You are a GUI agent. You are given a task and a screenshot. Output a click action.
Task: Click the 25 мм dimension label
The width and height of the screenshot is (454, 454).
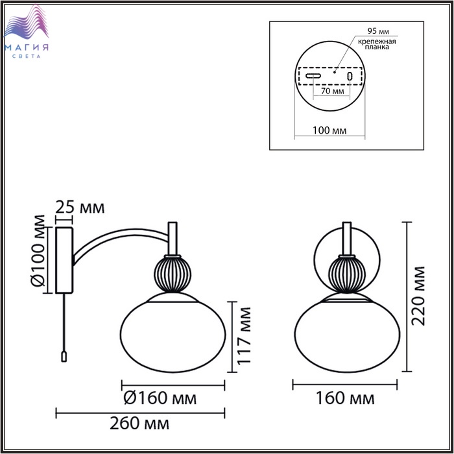click(x=80, y=208)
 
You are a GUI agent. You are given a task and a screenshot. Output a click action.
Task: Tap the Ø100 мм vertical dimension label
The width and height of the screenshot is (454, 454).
click(x=38, y=251)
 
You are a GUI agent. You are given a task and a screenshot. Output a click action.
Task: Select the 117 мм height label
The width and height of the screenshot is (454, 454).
click(x=243, y=335)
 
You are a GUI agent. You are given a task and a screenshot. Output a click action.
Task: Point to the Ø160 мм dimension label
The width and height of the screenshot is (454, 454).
click(x=160, y=398)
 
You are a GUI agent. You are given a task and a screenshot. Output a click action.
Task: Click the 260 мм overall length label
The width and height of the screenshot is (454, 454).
click(x=139, y=424)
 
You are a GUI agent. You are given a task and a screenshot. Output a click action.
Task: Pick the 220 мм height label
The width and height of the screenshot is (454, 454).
click(x=418, y=296)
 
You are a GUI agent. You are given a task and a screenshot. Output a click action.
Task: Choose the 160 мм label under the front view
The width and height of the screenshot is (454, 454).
click(x=345, y=398)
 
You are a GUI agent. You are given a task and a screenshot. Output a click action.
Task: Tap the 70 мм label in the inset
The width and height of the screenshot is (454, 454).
click(x=333, y=91)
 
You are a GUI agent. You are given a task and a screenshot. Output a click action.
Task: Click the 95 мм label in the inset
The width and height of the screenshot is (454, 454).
click(x=378, y=31)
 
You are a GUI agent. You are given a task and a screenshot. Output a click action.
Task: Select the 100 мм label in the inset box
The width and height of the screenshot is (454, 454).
click(x=329, y=130)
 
